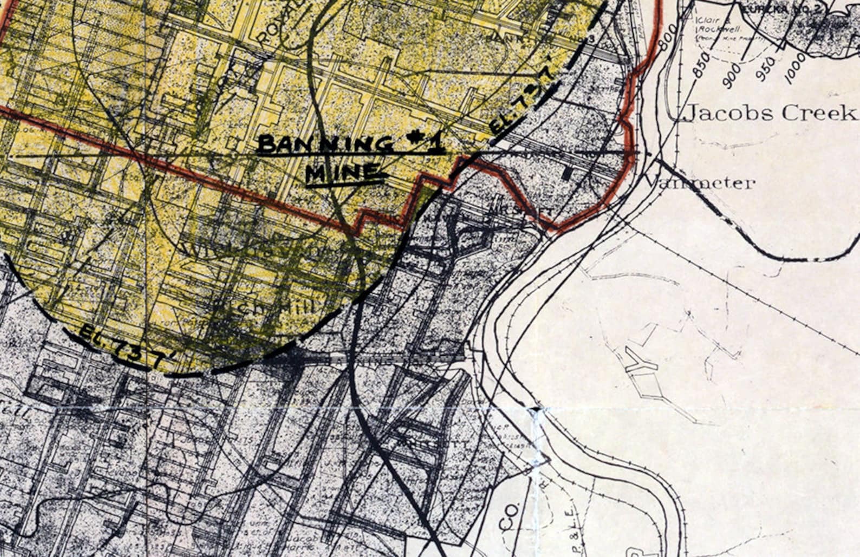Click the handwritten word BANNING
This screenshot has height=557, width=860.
[x=325, y=145]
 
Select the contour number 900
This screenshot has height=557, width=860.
[x=733, y=75]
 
